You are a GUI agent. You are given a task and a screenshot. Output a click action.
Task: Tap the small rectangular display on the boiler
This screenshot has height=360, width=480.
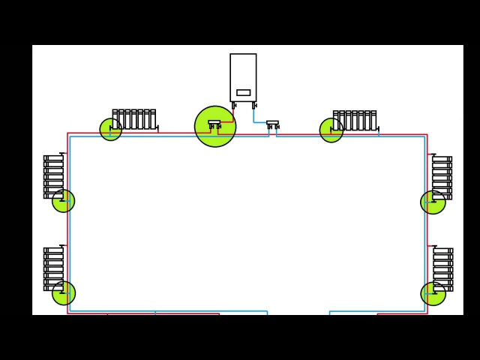pyautogui.click(x=244, y=93)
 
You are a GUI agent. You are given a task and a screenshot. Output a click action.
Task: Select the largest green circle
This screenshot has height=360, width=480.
pyautogui.click(x=215, y=126)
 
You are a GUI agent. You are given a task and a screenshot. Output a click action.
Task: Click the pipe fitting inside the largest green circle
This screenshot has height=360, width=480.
pyautogui.click(x=214, y=124)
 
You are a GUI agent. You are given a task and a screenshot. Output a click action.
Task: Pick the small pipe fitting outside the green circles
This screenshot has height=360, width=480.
pyautogui.click(x=272, y=124)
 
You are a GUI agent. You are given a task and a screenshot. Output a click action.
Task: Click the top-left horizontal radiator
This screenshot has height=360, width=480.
pyautogui.click(x=134, y=120)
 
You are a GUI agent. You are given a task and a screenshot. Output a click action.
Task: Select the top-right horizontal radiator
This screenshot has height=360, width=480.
pyautogui.click(x=355, y=121)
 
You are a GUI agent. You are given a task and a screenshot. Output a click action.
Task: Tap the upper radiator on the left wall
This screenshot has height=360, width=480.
pyautogui.click(x=54, y=176)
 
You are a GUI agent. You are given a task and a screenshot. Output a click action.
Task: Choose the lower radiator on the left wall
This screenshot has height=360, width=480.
pyautogui.click(x=54, y=268)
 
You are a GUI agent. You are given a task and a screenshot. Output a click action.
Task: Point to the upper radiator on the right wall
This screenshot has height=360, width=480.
pyautogui.click(x=442, y=178)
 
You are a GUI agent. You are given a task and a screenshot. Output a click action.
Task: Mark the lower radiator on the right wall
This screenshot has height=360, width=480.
pyautogui.click(x=442, y=269)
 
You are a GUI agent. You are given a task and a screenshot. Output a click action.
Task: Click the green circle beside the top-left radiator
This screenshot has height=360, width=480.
pyautogui.click(x=111, y=129)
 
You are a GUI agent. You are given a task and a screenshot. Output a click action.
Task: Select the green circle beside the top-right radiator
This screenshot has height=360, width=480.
pyautogui.click(x=331, y=130)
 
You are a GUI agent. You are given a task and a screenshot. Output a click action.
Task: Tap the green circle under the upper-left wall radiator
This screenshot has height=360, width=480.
pyautogui.click(x=64, y=201)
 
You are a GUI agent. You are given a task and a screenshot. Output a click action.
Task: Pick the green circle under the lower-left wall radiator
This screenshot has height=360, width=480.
pyautogui.click(x=64, y=293)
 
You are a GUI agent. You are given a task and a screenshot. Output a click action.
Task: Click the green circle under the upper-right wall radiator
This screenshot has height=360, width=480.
pyautogui.click(x=433, y=202)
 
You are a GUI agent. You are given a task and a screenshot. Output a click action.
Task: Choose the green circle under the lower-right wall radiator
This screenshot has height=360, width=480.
pyautogui.click(x=433, y=294)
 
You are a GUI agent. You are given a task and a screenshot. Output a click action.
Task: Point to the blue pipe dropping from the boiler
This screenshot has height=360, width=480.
pyautogui.click(x=254, y=115)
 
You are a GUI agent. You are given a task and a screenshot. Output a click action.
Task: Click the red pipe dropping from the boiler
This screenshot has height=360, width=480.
pyautogui.click(x=233, y=114)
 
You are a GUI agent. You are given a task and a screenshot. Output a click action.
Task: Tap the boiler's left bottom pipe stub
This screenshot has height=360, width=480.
pyautogui.click(x=234, y=105)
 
